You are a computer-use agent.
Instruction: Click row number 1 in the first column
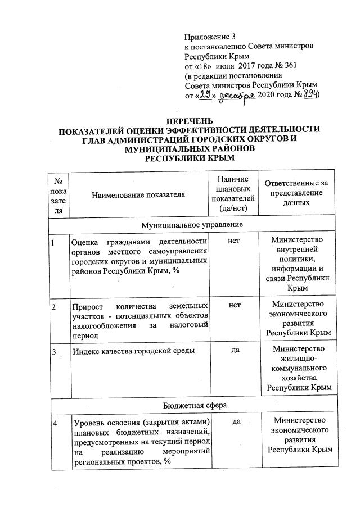point(53,243)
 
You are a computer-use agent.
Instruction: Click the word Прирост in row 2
point(87,306)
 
